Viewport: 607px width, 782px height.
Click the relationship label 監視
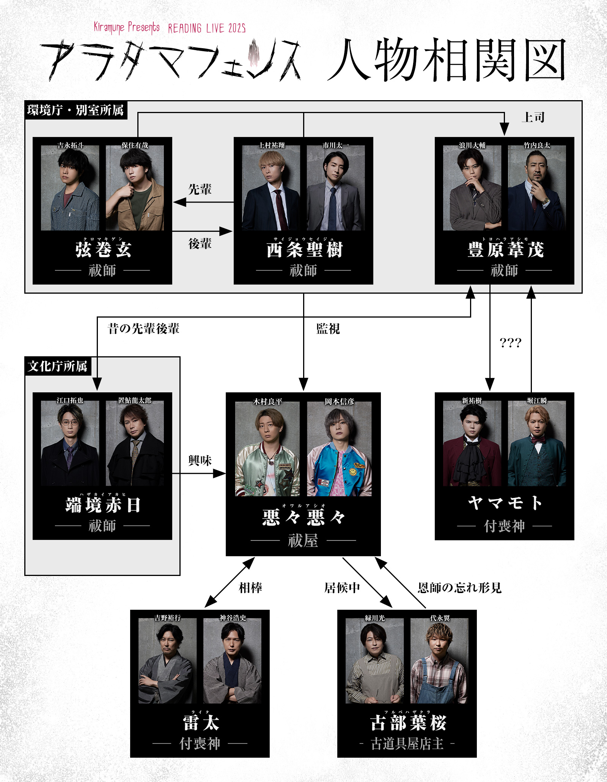point(328,329)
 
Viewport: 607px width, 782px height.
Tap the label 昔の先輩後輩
point(143,329)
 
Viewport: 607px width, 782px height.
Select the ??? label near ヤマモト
point(510,343)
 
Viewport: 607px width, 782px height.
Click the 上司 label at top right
point(533,117)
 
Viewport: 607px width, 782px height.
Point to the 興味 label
point(200,461)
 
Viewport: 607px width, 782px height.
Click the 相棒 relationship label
point(250,588)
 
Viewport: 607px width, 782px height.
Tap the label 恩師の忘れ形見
point(459,588)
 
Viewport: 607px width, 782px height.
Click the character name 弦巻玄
point(103,250)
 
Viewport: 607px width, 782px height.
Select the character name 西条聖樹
point(304,250)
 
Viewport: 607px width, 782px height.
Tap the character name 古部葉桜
point(408,722)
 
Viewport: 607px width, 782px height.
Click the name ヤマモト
point(505,503)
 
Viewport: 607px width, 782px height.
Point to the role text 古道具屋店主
point(407,744)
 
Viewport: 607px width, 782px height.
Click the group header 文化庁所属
point(58,366)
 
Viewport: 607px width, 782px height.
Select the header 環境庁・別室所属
point(75,110)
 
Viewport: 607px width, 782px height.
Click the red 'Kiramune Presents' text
point(127,27)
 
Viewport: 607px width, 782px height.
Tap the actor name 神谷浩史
point(233,618)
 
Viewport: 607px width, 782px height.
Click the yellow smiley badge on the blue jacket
point(353,472)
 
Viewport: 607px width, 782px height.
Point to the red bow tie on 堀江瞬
point(538,440)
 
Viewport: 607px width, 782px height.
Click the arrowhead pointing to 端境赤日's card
point(97,385)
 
